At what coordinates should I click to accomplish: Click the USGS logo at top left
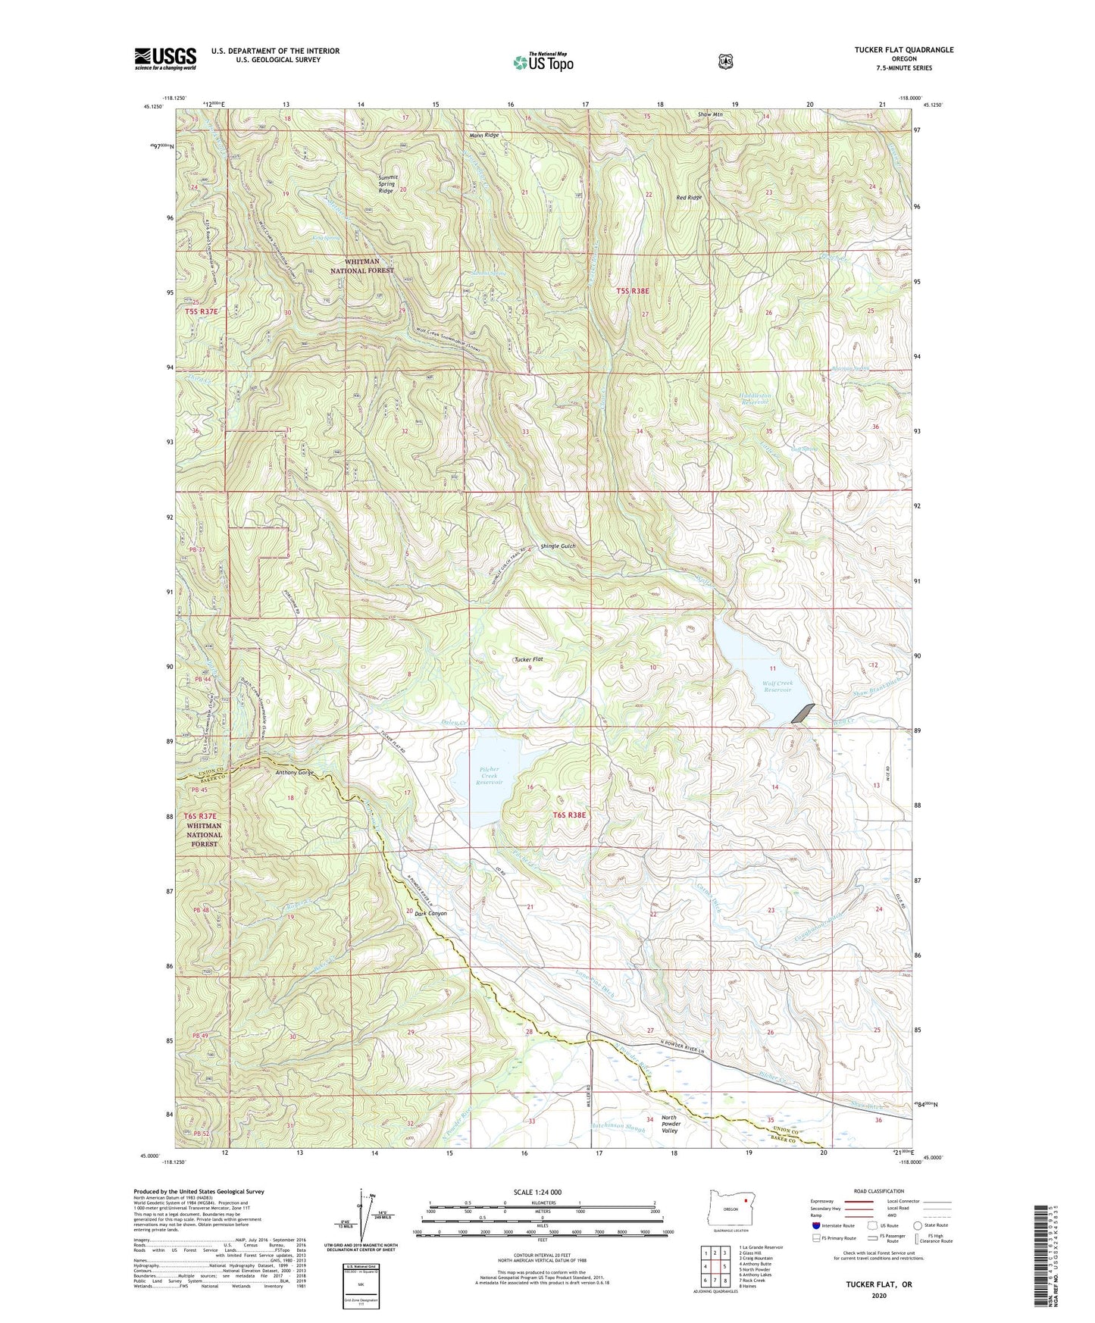coord(165,58)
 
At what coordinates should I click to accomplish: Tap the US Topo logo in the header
coord(541,62)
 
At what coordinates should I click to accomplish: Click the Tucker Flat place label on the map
coord(528,659)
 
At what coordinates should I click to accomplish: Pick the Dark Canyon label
coord(430,913)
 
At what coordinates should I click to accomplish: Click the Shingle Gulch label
coord(558,546)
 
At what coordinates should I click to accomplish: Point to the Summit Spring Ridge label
coord(387,185)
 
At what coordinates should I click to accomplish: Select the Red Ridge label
coord(689,198)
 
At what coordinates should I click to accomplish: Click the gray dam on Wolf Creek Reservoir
coord(803,712)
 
